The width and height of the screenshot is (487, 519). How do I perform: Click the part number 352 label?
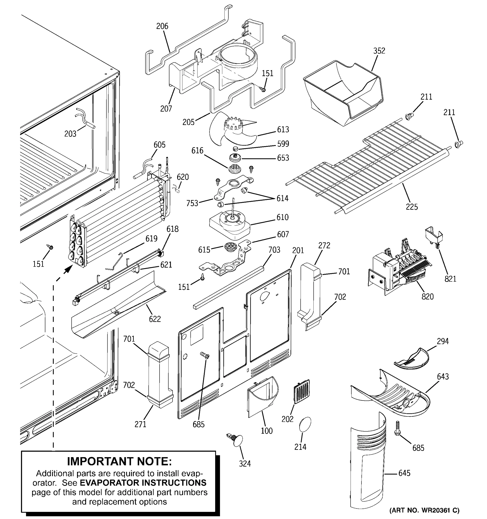pos(379,51)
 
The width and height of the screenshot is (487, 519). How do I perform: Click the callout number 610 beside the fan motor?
pos(282,217)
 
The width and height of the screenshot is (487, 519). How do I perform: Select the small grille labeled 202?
pos(302,392)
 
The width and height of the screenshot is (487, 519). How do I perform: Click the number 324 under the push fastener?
pos(245,464)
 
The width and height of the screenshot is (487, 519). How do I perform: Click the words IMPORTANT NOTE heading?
pos(119,461)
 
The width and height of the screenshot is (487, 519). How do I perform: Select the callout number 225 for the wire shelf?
pos(412,207)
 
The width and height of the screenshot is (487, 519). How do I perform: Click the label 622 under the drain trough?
pos(155,319)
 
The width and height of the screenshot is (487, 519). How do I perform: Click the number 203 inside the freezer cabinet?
pos(70,134)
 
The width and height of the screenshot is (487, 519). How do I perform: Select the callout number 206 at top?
pos(162,26)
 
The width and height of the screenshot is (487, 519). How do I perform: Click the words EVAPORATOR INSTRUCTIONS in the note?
pos(143,482)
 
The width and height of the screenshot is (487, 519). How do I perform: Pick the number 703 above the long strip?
pos(274,250)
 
